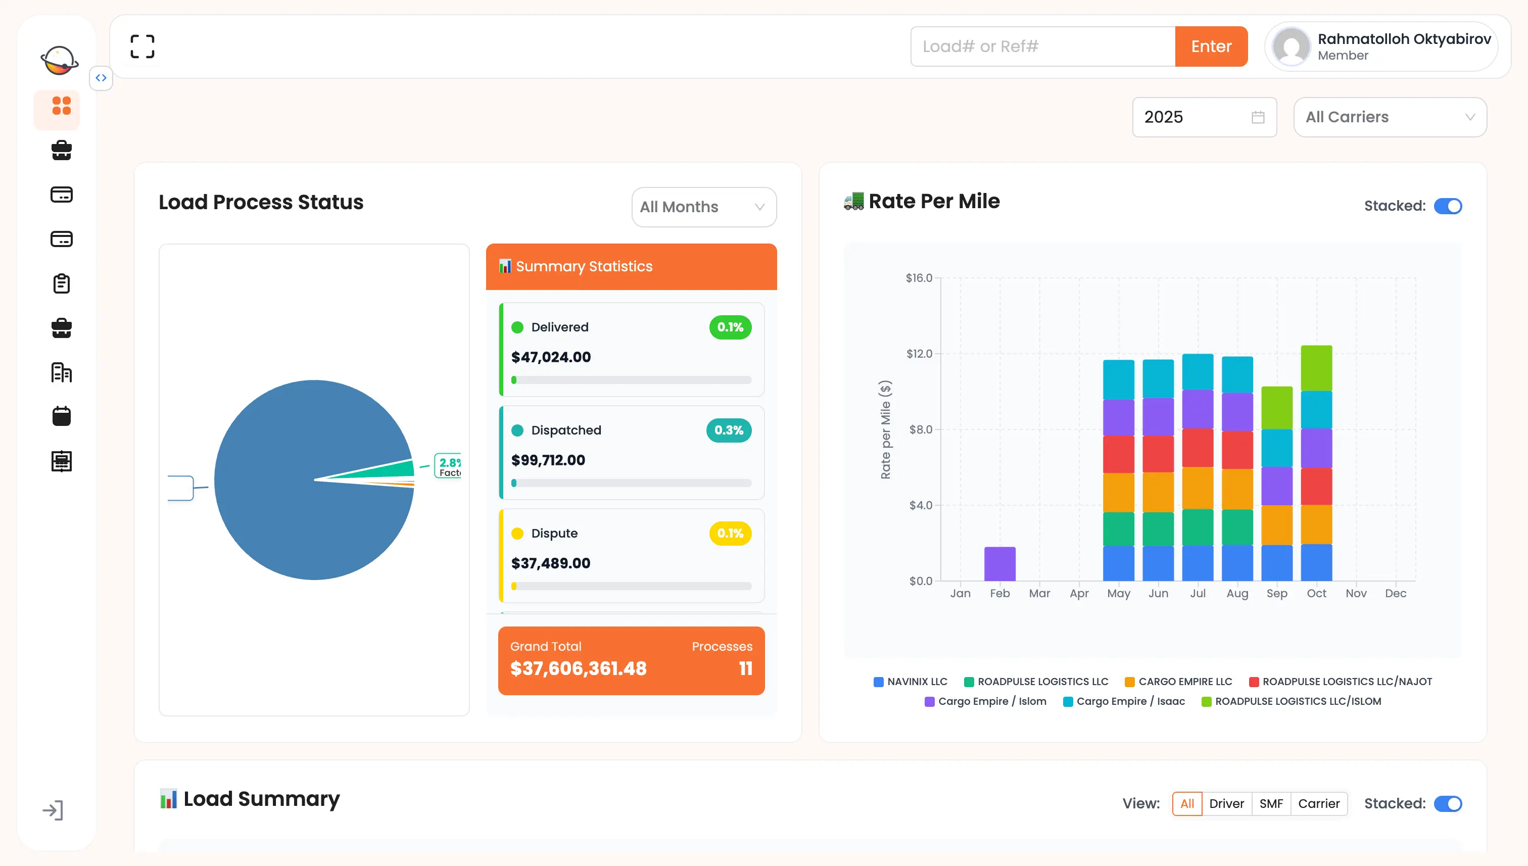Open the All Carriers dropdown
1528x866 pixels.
coord(1390,117)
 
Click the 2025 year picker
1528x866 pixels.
coord(1203,117)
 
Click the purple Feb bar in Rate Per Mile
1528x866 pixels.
coord(999,563)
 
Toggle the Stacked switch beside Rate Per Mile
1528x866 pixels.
coord(1447,206)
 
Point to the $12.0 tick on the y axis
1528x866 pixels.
coord(919,354)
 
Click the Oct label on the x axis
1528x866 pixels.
coord(1316,594)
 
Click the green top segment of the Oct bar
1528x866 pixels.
coord(1316,368)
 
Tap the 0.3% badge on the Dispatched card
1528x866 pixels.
coord(728,430)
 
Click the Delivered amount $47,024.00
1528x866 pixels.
coord(551,357)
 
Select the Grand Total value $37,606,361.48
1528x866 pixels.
coord(578,668)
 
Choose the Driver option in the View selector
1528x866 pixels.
coord(1226,803)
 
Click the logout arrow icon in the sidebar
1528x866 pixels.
coord(53,810)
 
